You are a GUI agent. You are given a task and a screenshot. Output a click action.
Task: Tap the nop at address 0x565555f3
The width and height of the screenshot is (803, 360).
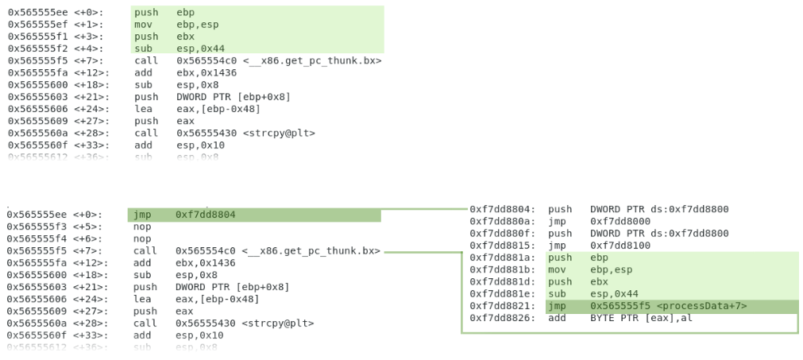click(x=142, y=226)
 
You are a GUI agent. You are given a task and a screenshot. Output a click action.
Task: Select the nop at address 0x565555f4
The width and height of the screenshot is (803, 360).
click(x=142, y=238)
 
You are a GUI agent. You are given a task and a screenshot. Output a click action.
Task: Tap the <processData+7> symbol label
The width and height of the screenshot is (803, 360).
click(x=702, y=305)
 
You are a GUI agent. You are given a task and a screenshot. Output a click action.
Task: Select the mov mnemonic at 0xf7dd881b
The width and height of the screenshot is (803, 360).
click(x=557, y=269)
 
